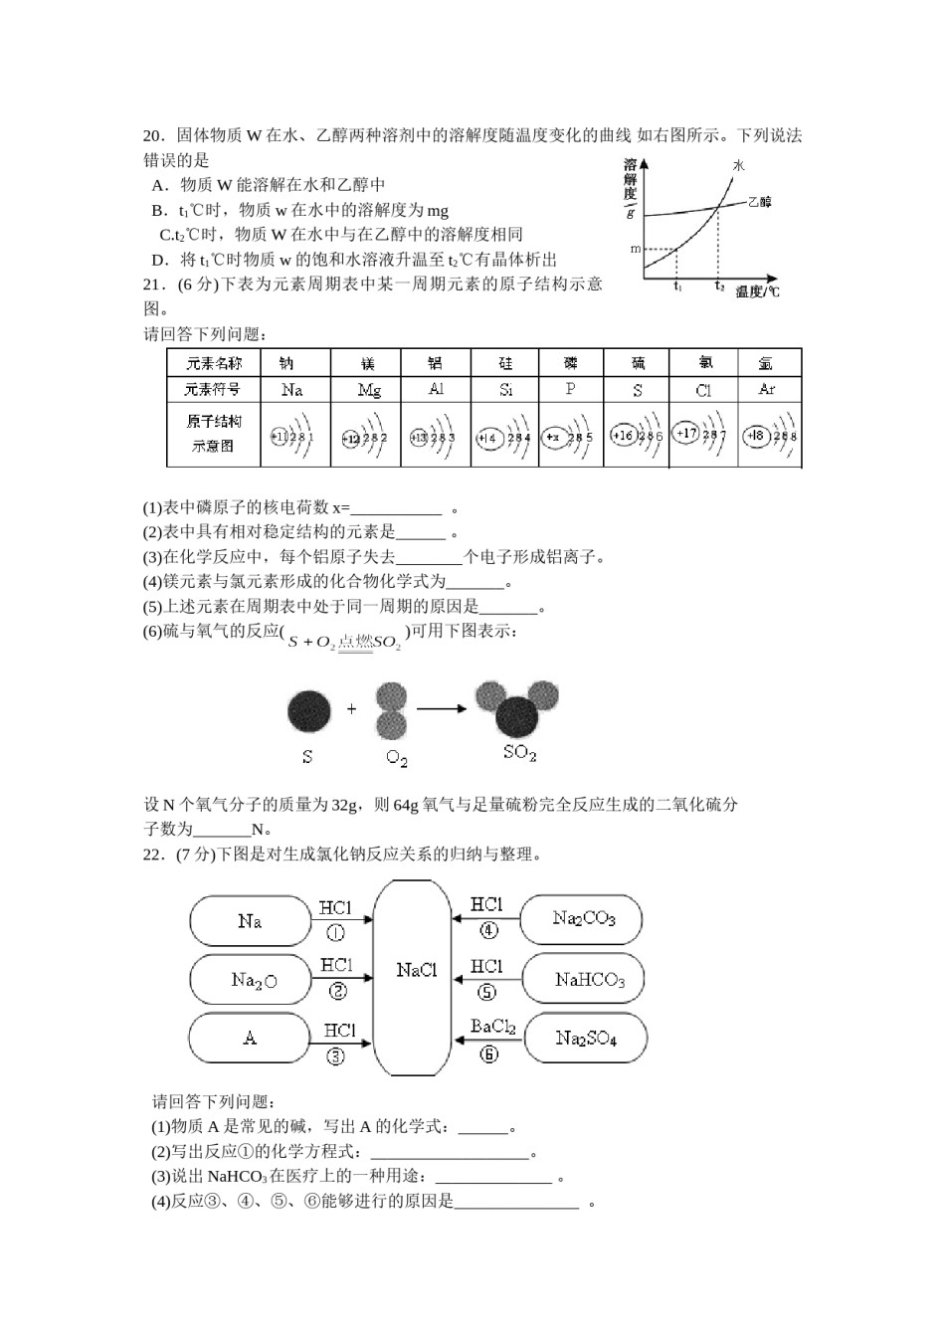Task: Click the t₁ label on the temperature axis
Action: (677, 286)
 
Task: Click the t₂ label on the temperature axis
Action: (719, 286)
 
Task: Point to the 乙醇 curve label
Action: (759, 202)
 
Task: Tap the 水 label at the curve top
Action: (738, 165)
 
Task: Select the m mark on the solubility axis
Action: (636, 248)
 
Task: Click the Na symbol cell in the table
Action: (291, 390)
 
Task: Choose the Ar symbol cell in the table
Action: (766, 389)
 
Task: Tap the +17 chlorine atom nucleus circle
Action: (686, 433)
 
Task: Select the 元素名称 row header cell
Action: (214, 362)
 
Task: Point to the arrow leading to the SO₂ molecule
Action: (442, 708)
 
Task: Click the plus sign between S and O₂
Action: (352, 709)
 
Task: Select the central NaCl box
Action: (415, 970)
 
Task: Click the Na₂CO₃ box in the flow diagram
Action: (583, 918)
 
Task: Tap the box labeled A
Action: (250, 1038)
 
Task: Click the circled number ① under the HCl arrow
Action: (336, 932)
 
